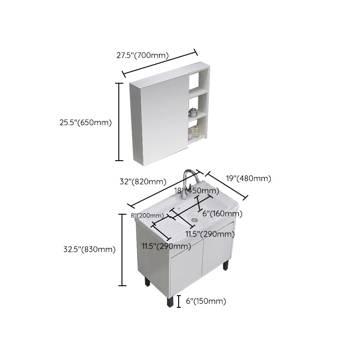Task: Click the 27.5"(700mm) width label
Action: (x=142, y=56)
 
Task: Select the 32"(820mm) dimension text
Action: (x=143, y=182)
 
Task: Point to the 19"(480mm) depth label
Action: (x=249, y=178)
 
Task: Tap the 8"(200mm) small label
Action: (x=147, y=216)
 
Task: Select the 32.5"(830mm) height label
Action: (x=89, y=249)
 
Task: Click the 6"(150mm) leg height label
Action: (x=205, y=301)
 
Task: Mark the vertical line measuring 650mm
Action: (x=119, y=121)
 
